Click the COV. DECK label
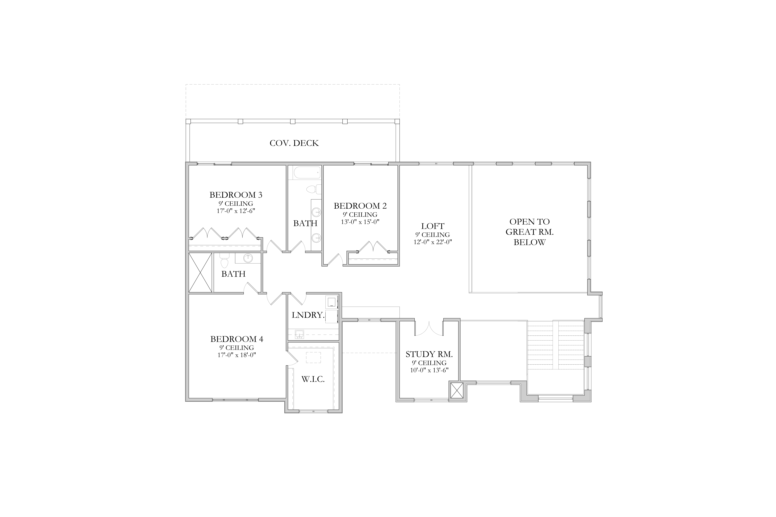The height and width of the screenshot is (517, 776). [x=294, y=143]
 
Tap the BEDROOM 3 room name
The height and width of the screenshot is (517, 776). [x=236, y=195]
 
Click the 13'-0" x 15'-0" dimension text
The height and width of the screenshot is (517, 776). [x=360, y=222]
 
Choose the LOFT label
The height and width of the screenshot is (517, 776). [x=433, y=226]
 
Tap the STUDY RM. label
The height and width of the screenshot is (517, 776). [x=429, y=354]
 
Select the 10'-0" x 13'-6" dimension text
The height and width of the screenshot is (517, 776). [x=429, y=370]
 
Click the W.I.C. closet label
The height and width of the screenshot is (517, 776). [x=313, y=379]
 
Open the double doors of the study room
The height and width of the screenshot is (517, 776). [x=429, y=328]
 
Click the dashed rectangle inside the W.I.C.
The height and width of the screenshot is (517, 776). [x=313, y=358]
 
